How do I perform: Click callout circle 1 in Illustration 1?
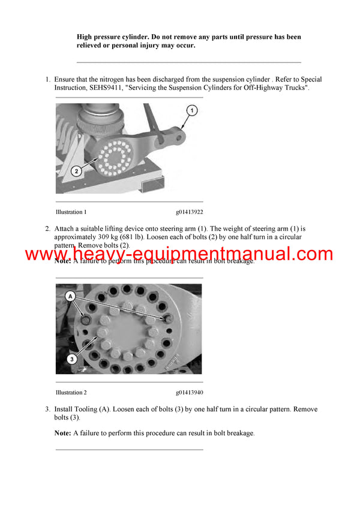pos(191,110)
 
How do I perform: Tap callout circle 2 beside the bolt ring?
pos(77,171)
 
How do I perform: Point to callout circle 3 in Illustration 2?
pos(71,360)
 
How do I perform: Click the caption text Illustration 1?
pos(71,212)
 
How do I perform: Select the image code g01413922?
pos(189,212)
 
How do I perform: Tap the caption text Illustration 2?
pos(71,393)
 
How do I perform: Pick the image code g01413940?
pos(189,393)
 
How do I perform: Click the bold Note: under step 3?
pos(62,433)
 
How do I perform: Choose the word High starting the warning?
pos(86,37)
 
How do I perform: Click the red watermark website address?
pos(179,254)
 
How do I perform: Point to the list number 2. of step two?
pos(47,228)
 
